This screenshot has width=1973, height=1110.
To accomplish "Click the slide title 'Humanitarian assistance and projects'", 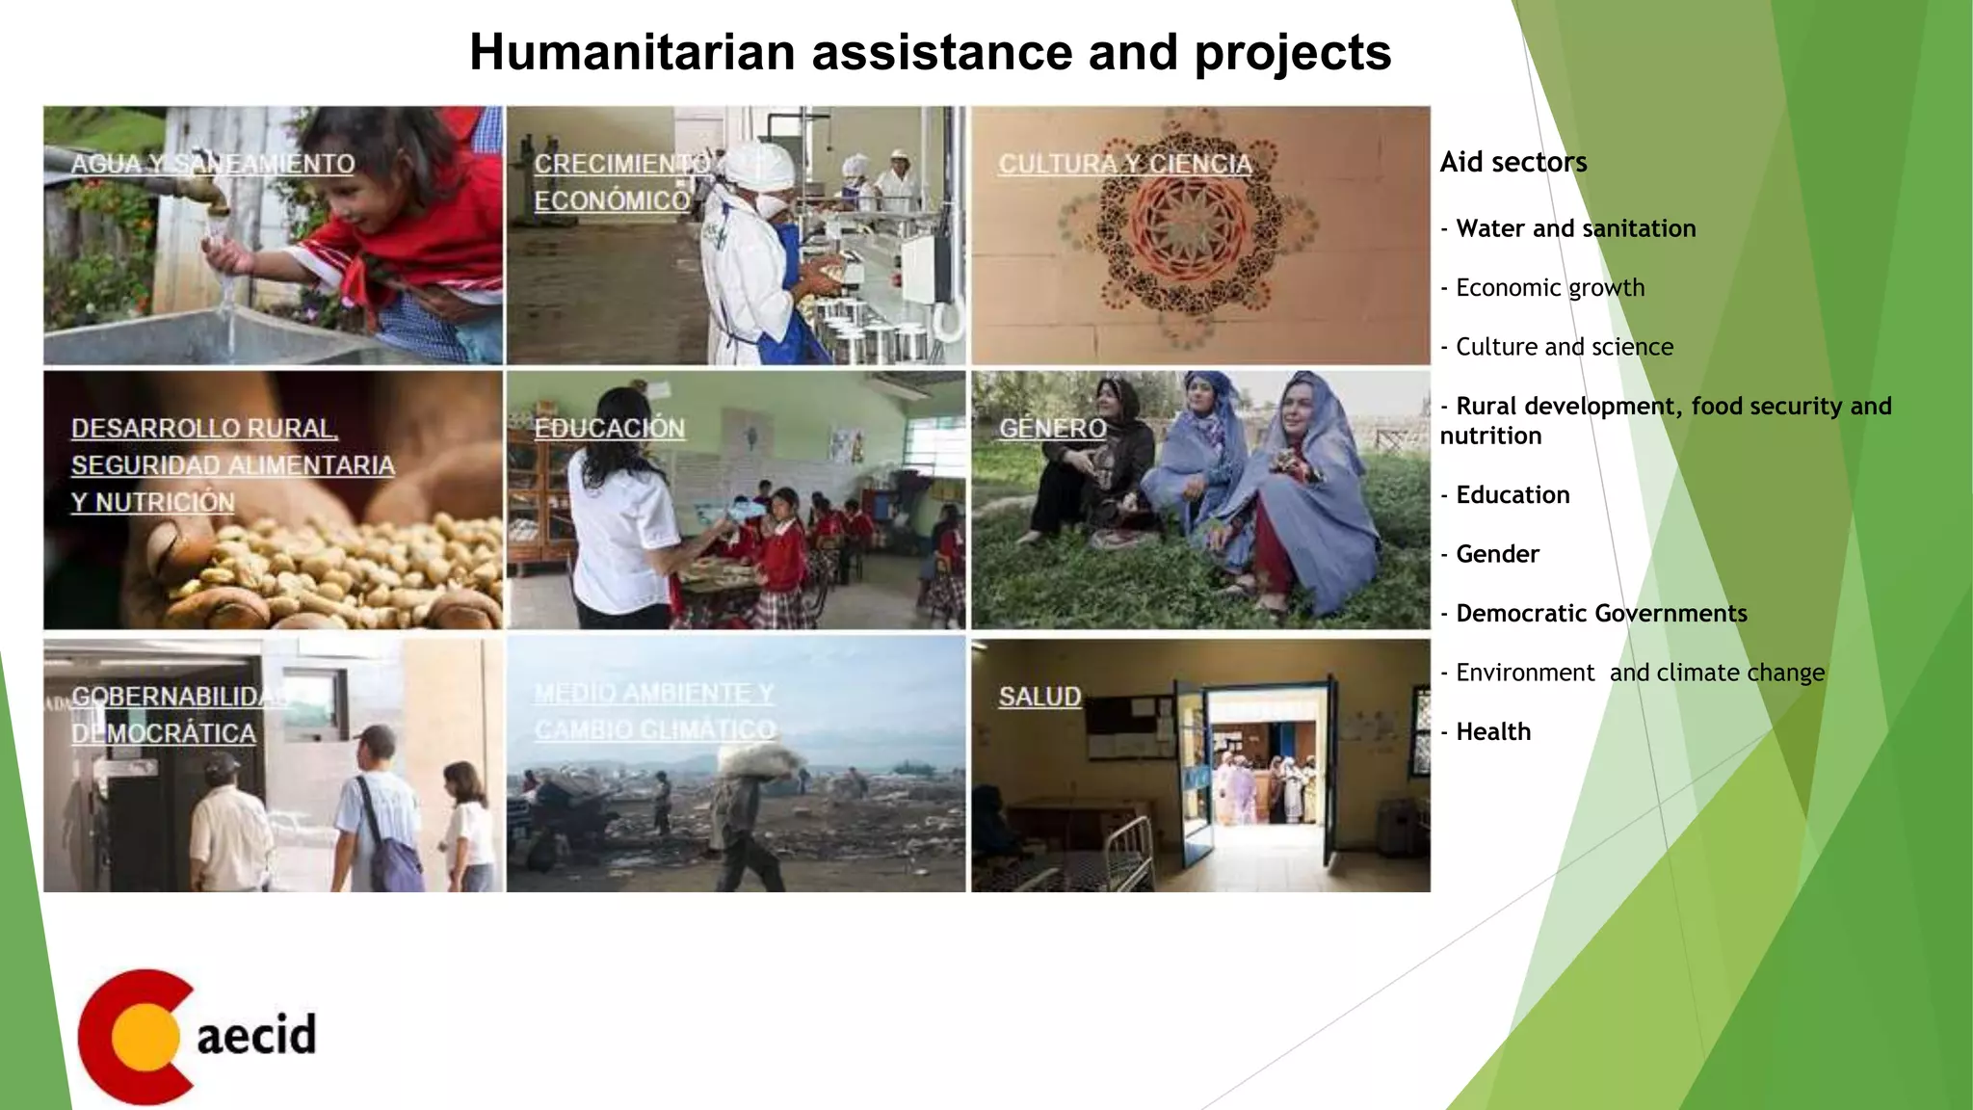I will tap(930, 52).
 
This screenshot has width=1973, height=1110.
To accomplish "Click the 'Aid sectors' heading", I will tap(1513, 162).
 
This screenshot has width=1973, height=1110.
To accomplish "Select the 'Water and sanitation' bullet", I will tap(1575, 228).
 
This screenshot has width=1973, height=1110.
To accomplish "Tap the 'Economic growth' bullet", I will tap(1549, 287).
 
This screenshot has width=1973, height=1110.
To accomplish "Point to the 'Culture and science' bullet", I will tap(1564, 347).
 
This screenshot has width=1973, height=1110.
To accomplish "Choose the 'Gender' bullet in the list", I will tap(1497, 554).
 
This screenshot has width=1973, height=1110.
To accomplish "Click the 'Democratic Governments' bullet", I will tap(1600, 613).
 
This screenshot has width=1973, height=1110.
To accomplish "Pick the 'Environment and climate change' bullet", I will tap(1639, 673).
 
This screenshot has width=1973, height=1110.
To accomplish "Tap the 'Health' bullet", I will tap(1492, 731).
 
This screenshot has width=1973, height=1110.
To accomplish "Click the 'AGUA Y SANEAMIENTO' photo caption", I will tap(213, 164).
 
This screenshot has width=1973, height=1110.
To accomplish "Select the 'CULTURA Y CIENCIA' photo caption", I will tap(1125, 164).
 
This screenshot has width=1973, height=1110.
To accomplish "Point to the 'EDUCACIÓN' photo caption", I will tap(610, 428).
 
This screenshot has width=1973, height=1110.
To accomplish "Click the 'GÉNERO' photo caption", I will tap(1052, 428).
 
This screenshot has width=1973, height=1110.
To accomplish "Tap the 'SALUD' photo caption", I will tap(1039, 696).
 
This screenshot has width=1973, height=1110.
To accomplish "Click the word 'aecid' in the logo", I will tap(256, 1035).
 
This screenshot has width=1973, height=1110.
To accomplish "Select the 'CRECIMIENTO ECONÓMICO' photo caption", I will tap(617, 182).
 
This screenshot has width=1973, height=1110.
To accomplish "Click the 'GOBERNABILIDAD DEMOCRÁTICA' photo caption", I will tap(173, 714).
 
